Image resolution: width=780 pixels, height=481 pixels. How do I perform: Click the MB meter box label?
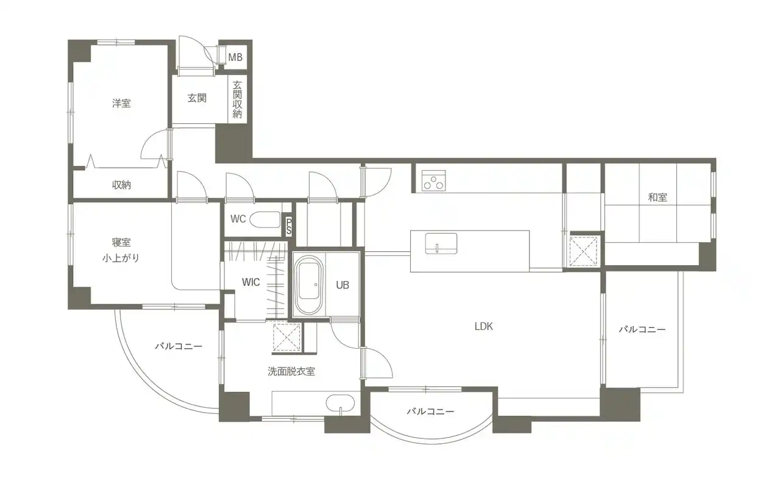pyautogui.click(x=235, y=57)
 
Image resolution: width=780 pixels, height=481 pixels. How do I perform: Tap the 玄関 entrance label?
pyautogui.click(x=197, y=98)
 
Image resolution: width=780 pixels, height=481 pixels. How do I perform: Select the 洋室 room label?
pyautogui.click(x=121, y=104)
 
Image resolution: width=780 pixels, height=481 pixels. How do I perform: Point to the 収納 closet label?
pyautogui.click(x=121, y=185)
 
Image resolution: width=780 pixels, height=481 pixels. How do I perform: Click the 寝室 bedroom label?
pyautogui.click(x=121, y=242)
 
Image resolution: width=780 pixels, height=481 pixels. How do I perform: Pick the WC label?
pyautogui.click(x=238, y=219)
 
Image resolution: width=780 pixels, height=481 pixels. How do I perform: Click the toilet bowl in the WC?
pyautogui.click(x=265, y=219)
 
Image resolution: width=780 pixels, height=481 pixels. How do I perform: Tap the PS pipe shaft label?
pyautogui.click(x=289, y=226)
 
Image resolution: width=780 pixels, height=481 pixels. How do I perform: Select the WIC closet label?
pyautogui.click(x=250, y=282)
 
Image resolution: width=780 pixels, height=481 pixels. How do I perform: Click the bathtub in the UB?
pyautogui.click(x=309, y=285)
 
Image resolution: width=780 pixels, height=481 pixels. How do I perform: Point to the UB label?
pyautogui.click(x=342, y=285)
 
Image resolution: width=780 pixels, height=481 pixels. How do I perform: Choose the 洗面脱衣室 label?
pyautogui.click(x=291, y=372)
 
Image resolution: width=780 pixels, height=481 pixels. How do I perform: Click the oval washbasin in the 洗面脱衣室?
pyautogui.click(x=340, y=404)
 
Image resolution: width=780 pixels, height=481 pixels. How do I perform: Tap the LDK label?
pyautogui.click(x=484, y=326)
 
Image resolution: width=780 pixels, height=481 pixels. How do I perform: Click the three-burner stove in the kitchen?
pyautogui.click(x=433, y=180)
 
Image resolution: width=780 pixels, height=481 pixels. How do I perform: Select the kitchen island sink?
pyautogui.click(x=441, y=243)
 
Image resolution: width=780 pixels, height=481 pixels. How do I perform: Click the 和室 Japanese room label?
pyautogui.click(x=658, y=198)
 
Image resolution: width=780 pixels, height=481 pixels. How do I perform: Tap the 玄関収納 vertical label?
pyautogui.click(x=237, y=99)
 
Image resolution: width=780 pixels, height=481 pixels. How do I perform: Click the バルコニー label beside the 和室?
pyautogui.click(x=642, y=329)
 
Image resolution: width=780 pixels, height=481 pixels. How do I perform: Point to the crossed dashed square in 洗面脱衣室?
pyautogui.click(x=286, y=337)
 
